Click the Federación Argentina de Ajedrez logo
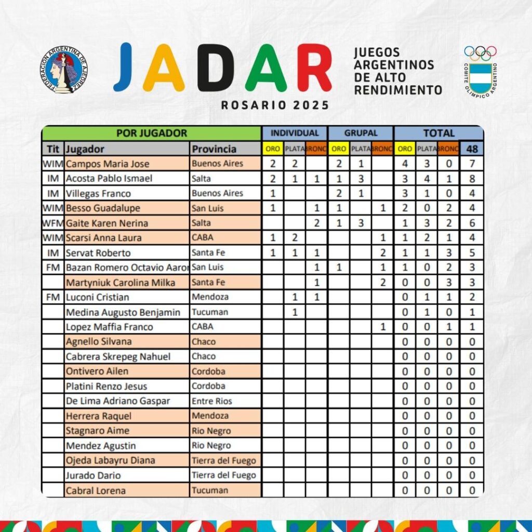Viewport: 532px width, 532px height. click(63, 70)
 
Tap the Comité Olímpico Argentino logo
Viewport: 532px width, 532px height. click(481, 72)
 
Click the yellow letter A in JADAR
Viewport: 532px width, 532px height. click(163, 68)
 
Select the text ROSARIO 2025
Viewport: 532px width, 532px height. click(275, 105)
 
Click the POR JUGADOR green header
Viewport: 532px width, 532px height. click(151, 134)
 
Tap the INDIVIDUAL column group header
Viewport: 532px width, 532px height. click(295, 134)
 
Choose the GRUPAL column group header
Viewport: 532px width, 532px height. click(361, 134)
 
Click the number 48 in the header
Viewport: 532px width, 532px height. click(472, 149)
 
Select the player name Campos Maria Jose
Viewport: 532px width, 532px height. click(108, 164)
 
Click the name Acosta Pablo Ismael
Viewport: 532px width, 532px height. click(109, 179)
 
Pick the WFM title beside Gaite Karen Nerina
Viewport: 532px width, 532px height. click(53, 223)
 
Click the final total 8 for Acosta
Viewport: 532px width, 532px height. click(472, 179)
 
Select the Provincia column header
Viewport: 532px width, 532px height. click(214, 149)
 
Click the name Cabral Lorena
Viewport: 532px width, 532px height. click(96, 490)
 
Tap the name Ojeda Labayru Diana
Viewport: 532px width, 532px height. click(110, 460)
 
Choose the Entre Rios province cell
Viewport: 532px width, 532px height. click(212, 401)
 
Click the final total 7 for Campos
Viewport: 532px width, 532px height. click(472, 164)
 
